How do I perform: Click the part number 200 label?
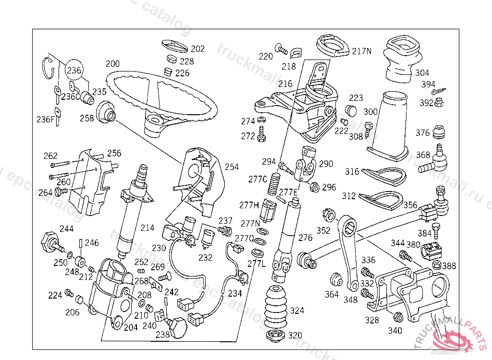click(x=112, y=64)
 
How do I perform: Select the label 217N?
click(x=362, y=51)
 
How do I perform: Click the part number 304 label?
click(x=422, y=73)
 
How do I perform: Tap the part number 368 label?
click(x=423, y=155)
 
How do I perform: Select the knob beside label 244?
click(x=49, y=239)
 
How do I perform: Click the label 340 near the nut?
click(x=395, y=330)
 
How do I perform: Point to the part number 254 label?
click(x=232, y=167)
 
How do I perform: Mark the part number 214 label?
click(x=148, y=228)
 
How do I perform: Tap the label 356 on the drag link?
click(x=410, y=205)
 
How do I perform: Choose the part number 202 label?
click(x=197, y=49)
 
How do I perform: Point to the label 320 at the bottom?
click(x=295, y=336)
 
